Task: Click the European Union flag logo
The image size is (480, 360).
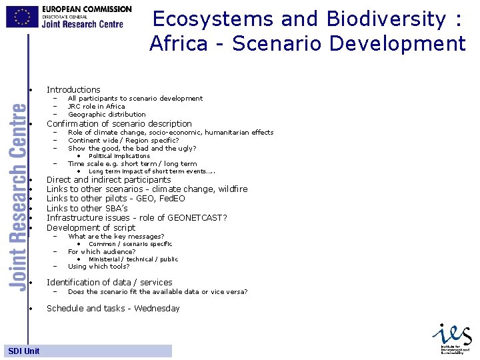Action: [22, 16]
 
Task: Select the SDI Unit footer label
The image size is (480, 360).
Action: [24, 351]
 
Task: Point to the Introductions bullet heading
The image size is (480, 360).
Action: [73, 90]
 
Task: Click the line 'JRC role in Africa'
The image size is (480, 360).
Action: [96, 106]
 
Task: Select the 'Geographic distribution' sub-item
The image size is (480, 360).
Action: [107, 114]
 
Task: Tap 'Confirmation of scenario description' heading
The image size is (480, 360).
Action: [119, 123]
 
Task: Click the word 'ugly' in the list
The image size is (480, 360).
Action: [186, 149]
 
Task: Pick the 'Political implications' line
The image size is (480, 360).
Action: [119, 156]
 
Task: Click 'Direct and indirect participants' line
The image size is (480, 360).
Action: [109, 180]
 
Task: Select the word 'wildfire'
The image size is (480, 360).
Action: [232, 189]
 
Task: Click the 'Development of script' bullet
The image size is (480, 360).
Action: [91, 227]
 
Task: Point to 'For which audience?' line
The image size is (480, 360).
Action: [101, 252]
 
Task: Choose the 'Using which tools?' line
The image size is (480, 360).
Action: [99, 267]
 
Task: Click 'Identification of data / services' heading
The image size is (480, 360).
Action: [109, 283]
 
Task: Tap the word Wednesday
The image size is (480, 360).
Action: [157, 309]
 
